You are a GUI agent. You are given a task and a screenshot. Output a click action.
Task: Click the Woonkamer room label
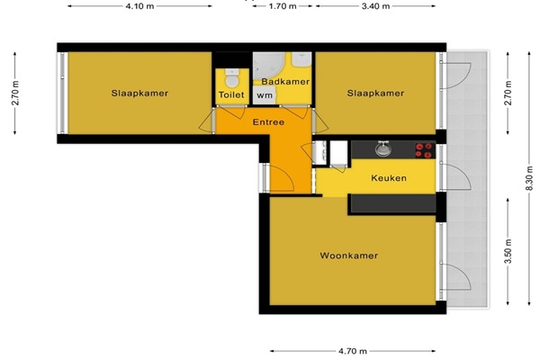coord(349,256)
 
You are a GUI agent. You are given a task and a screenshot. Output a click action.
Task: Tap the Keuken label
coord(389,178)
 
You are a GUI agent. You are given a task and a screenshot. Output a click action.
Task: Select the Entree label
coord(268,122)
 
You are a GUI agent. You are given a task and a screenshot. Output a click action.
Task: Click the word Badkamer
coord(285,82)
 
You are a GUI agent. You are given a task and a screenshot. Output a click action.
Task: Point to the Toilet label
coord(231,94)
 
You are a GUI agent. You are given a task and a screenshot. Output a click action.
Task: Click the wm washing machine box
coord(264,95)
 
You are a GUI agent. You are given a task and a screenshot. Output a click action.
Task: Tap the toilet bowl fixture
coord(232,78)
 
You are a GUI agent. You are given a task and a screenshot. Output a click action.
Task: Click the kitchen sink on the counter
coord(383,149)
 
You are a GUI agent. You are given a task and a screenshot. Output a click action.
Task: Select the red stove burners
coord(424,150)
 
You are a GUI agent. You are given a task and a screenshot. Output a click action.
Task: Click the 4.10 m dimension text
coord(139,6)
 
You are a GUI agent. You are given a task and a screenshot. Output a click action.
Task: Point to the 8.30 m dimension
coord(530,178)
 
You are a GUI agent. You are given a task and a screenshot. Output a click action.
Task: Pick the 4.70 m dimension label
coord(353,351)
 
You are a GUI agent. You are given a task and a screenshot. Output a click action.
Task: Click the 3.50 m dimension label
coord(508,251)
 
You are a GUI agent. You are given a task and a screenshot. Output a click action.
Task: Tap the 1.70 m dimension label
coord(283,6)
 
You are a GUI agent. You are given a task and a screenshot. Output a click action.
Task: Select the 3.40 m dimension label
coord(375,6)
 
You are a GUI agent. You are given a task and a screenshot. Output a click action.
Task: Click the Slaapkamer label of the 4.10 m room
coord(139,93)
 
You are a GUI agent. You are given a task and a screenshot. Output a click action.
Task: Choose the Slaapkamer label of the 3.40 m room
coord(375,93)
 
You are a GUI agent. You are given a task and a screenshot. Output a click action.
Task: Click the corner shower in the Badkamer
coord(268,66)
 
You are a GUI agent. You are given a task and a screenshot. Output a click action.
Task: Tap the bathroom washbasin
coord(301,58)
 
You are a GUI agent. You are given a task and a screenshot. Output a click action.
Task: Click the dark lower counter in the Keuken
coord(393,203)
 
